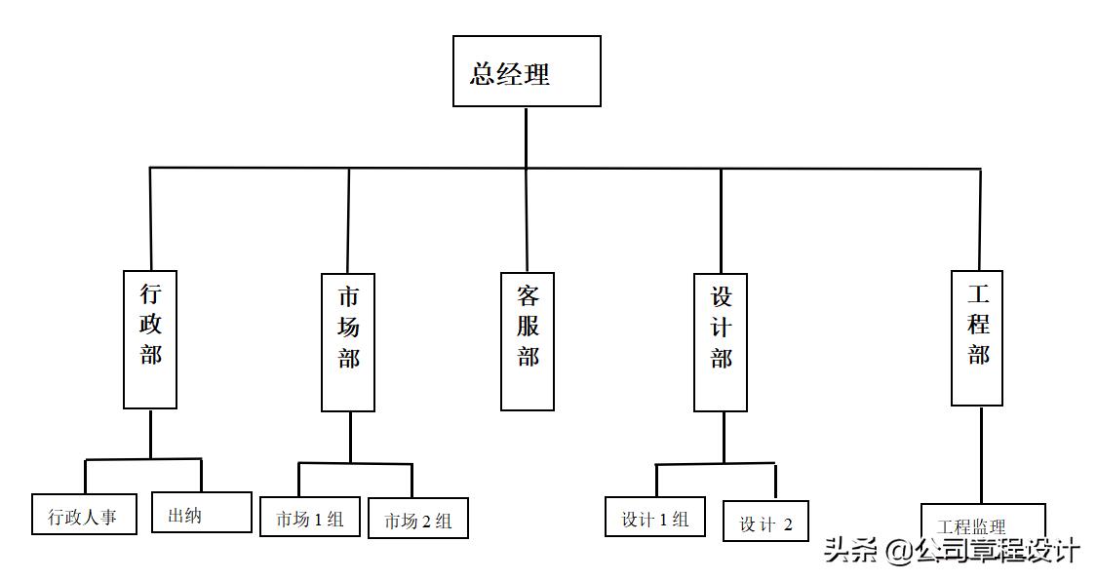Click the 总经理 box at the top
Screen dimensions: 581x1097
[527, 71]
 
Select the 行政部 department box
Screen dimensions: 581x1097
[150, 339]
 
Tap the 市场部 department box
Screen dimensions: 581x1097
[348, 342]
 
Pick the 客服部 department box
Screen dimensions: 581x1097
[528, 341]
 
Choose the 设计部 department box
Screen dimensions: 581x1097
[721, 342]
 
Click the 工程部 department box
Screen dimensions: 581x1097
[977, 338]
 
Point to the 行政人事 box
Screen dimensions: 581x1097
[82, 516]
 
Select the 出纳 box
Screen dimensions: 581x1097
[202, 512]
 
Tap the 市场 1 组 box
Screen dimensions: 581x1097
[310, 517]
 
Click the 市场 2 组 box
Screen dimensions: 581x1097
[418, 519]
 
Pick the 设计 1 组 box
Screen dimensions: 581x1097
[655, 517]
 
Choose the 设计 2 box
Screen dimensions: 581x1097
[765, 522]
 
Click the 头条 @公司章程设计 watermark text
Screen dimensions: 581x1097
[952, 550]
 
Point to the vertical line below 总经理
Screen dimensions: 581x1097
[527, 136]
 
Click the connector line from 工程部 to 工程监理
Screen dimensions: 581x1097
[980, 454]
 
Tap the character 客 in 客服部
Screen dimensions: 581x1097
[528, 295]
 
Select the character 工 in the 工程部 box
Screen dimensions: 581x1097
[978, 293]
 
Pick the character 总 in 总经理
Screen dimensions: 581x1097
[483, 74]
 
